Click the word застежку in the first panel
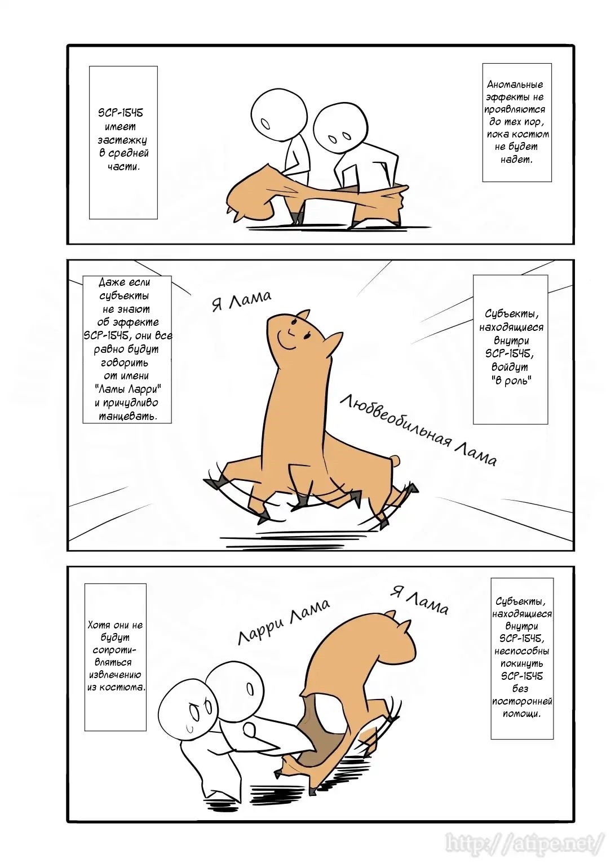pyautogui.click(x=122, y=140)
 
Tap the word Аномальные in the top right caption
pyautogui.click(x=515, y=85)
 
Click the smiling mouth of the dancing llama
pyautogui.click(x=286, y=339)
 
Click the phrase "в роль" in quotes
pyautogui.click(x=511, y=380)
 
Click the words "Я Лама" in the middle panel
pyautogui.click(x=242, y=300)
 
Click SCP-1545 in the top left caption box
pyautogui.click(x=120, y=113)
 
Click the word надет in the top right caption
pyautogui.click(x=516, y=159)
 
